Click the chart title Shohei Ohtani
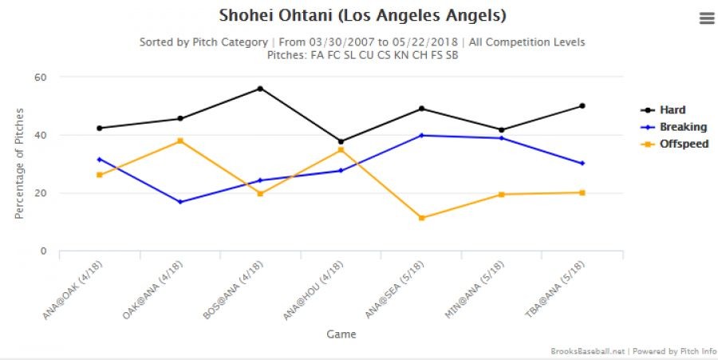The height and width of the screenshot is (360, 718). pyautogui.click(x=362, y=16)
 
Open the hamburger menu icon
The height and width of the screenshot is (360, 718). pyautogui.click(x=707, y=18)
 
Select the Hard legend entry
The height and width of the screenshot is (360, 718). pyautogui.click(x=672, y=110)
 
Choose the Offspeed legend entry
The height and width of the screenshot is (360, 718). pyautogui.click(x=683, y=144)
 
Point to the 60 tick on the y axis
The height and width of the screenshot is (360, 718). pyautogui.click(x=40, y=77)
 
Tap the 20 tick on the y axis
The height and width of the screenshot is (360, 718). pyautogui.click(x=40, y=193)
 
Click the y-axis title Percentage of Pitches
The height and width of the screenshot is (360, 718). pyautogui.click(x=19, y=164)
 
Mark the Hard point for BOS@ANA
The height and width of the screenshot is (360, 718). pyautogui.click(x=260, y=89)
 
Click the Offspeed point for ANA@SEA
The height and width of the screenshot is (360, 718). pyautogui.click(x=421, y=218)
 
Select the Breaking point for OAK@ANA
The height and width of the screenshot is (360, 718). pyautogui.click(x=179, y=202)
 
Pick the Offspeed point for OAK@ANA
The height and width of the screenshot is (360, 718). pyautogui.click(x=179, y=141)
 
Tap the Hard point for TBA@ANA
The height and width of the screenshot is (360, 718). pyautogui.click(x=582, y=106)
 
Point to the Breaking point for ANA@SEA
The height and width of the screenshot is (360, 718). pyautogui.click(x=421, y=136)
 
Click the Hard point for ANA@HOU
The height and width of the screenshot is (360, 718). pyautogui.click(x=341, y=141)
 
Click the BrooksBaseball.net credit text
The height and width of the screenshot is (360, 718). pyautogui.click(x=586, y=351)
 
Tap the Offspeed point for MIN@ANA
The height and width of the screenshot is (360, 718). pyautogui.click(x=502, y=195)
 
